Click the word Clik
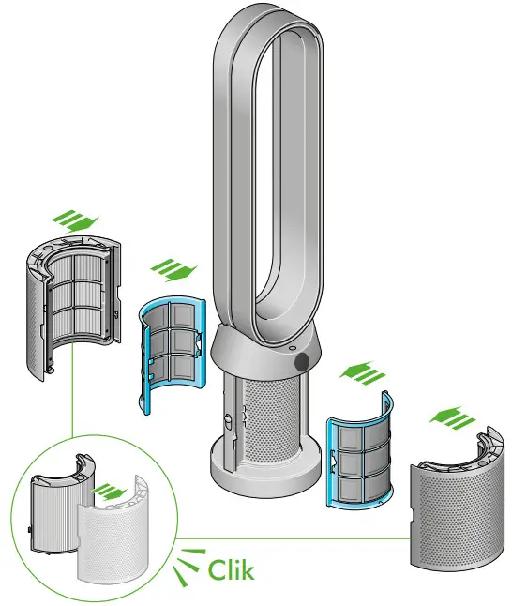pyautogui.click(x=229, y=568)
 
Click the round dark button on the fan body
pyautogui.click(x=302, y=360)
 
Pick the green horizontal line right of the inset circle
pyautogui.click(x=281, y=538)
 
